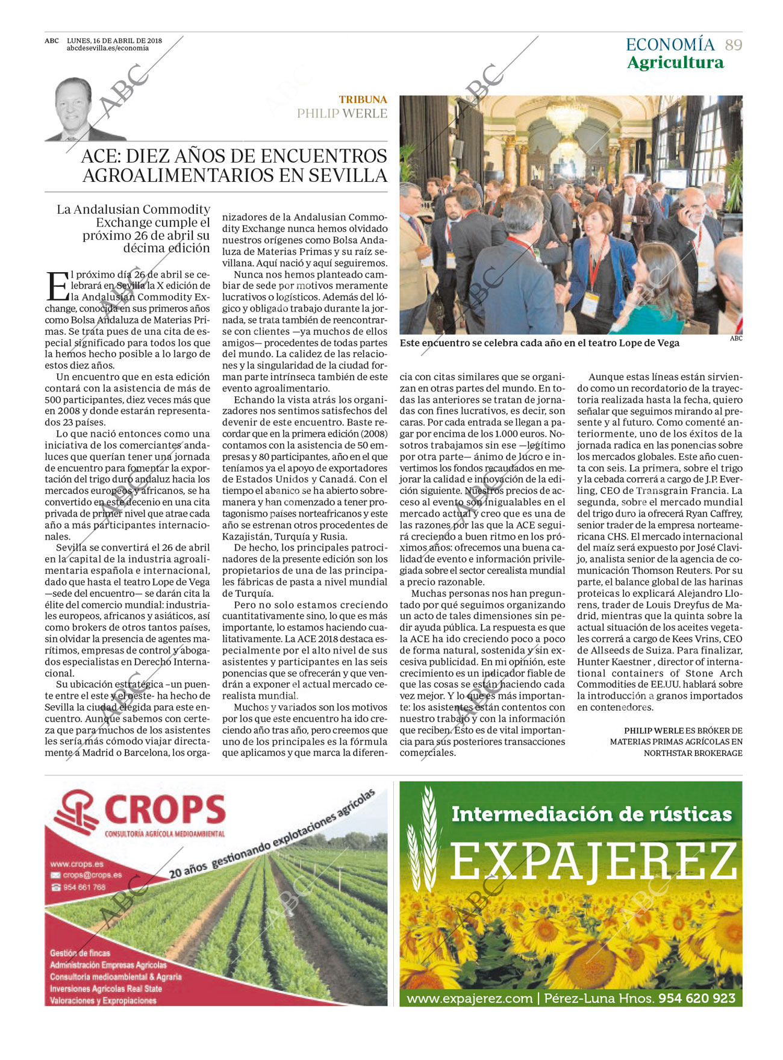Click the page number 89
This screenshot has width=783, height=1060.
[733, 45]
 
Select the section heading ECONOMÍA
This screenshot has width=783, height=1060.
[670, 45]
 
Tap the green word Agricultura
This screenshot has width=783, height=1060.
[675, 63]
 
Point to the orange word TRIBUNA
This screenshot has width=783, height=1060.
[363, 99]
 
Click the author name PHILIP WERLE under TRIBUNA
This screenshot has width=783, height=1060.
[342, 113]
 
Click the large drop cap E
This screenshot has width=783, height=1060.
[57, 286]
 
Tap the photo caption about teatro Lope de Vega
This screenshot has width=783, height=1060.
[539, 343]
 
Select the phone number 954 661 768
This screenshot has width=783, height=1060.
[84, 887]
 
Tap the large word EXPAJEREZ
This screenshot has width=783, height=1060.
[593, 861]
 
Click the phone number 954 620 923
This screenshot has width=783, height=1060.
[697, 998]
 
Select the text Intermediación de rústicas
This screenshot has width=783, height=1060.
[591, 814]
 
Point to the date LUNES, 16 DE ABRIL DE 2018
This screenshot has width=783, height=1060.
[114, 41]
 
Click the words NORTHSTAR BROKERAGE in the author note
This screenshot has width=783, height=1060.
[693, 753]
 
